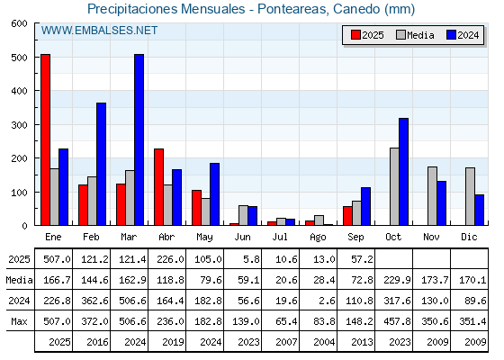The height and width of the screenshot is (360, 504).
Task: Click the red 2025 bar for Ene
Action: (x=45, y=139)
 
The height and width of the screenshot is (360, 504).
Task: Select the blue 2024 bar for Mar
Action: (x=139, y=139)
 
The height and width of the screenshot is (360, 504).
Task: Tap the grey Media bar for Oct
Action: (x=394, y=186)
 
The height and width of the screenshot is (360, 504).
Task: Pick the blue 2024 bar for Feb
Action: (x=101, y=164)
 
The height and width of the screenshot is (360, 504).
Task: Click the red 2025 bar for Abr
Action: (x=158, y=187)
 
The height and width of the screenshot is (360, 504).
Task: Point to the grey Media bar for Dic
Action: (x=470, y=196)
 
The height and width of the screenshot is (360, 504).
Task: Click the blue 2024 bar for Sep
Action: (x=365, y=206)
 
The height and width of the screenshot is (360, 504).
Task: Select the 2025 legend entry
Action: (x=367, y=35)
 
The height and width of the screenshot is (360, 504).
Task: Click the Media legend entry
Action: (x=415, y=35)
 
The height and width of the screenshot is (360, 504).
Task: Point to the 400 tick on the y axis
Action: (x=19, y=91)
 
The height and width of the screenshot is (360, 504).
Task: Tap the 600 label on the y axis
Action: (x=19, y=23)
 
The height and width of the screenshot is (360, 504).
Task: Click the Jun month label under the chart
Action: (x=242, y=238)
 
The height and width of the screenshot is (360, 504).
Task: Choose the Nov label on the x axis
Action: (x=431, y=238)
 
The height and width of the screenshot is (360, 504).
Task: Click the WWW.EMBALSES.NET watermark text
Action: (x=99, y=31)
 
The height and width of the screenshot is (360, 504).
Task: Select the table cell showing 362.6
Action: (x=94, y=301)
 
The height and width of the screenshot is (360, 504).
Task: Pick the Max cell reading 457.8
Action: (x=397, y=321)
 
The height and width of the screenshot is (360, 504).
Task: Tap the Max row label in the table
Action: (x=19, y=321)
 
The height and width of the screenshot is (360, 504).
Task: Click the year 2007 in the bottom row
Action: (x=286, y=342)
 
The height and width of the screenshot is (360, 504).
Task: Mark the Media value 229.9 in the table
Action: (x=397, y=280)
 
